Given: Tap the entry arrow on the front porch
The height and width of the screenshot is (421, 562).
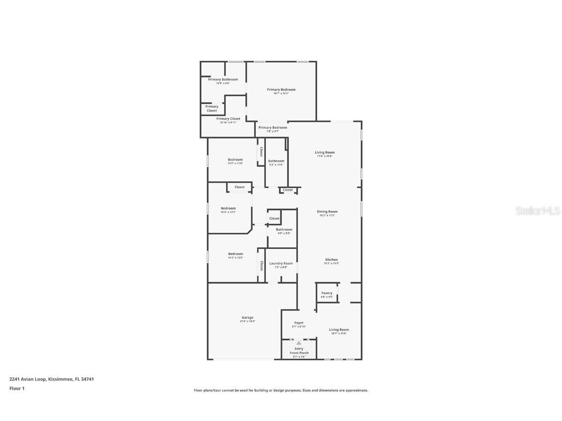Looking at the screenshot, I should [299, 343].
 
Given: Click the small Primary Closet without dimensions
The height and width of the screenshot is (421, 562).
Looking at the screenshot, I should [212, 108].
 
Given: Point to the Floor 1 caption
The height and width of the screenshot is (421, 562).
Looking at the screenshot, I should [17, 388].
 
